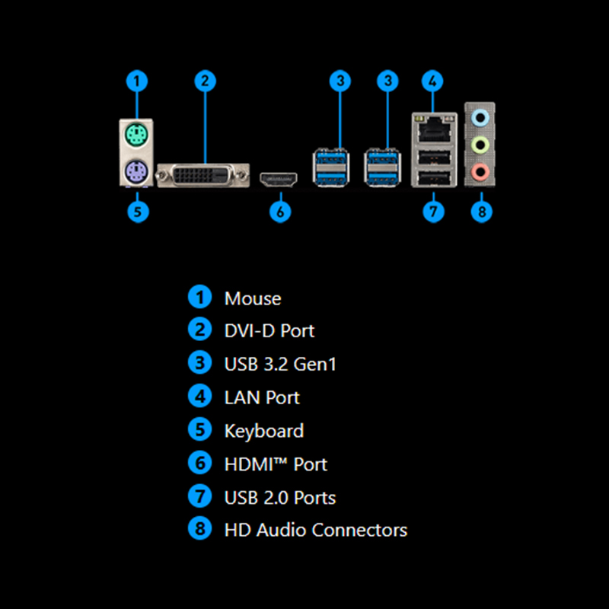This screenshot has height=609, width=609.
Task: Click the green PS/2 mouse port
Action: tap(137, 138)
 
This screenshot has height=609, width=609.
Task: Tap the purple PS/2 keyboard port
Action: tap(137, 172)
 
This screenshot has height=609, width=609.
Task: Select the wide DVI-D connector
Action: tap(202, 176)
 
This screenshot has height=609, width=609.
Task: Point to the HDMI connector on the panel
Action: tap(279, 180)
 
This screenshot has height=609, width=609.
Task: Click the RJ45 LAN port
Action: tap(432, 125)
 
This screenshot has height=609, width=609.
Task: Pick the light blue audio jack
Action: tap(480, 117)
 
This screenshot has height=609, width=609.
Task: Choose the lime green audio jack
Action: tap(480, 144)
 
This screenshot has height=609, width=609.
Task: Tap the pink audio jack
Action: tap(480, 171)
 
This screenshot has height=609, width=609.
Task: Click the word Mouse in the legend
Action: tap(253, 298)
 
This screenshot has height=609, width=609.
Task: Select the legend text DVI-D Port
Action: tap(269, 331)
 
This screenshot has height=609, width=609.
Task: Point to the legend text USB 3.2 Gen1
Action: tap(280, 365)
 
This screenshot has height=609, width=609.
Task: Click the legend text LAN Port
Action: tap(262, 397)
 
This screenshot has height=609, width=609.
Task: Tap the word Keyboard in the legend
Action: tap(263, 431)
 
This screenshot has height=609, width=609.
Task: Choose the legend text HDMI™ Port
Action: tap(276, 464)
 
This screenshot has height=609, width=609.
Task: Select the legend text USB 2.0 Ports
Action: tap(280, 498)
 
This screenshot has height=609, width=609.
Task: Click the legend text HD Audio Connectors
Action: tap(315, 530)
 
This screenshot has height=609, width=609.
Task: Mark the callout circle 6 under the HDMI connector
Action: tap(280, 212)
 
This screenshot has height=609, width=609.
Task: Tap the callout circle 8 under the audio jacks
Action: tap(481, 212)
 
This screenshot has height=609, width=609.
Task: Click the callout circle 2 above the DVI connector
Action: tap(205, 81)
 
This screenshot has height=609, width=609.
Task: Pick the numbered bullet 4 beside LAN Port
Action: tap(199, 397)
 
